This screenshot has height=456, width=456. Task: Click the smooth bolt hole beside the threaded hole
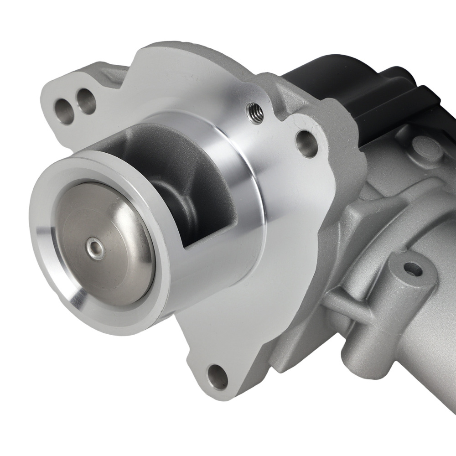[x=306, y=142]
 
